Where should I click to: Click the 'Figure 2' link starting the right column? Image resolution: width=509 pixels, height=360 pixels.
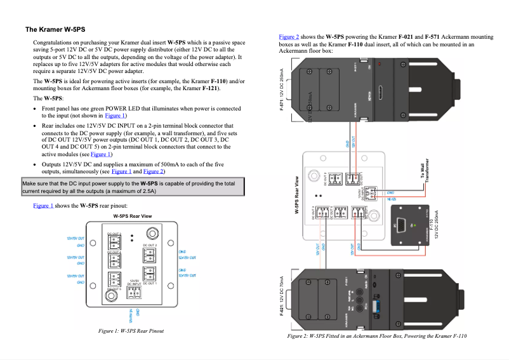pos(289,37)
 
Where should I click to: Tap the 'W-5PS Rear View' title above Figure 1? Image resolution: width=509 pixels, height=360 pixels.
pos(132,217)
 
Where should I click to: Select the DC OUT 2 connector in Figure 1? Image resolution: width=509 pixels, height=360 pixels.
pos(149,255)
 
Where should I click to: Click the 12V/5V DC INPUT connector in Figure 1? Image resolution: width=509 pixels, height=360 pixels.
pos(134,291)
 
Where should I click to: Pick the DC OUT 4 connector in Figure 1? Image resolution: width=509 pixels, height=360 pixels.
pos(114,259)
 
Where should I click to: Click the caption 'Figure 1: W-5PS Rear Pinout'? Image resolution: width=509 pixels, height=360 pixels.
pos(131,331)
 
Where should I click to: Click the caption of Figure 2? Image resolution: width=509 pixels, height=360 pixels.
pos(376,336)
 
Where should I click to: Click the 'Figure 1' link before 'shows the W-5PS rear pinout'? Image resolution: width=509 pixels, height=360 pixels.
pos(43,206)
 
